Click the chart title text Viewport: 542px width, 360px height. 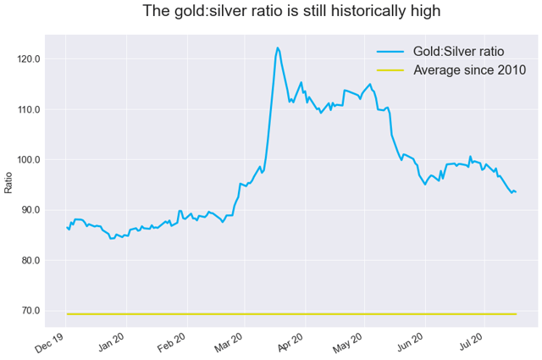click(x=291, y=12)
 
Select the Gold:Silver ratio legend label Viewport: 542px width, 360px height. click(x=458, y=52)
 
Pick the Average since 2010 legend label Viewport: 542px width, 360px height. click(x=469, y=70)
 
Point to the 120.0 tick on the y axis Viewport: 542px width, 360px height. click(x=29, y=59)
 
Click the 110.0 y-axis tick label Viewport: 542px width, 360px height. click(x=29, y=109)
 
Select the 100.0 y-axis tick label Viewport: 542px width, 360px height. click(x=29, y=159)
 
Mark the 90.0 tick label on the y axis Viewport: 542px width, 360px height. click(x=30, y=210)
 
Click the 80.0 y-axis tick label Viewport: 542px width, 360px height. click(x=30, y=260)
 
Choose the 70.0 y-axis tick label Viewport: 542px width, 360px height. click(x=30, y=311)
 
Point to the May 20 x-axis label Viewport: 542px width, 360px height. click(x=346, y=341)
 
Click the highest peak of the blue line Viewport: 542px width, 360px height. click(x=278, y=48)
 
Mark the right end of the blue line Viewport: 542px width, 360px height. click(x=516, y=192)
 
